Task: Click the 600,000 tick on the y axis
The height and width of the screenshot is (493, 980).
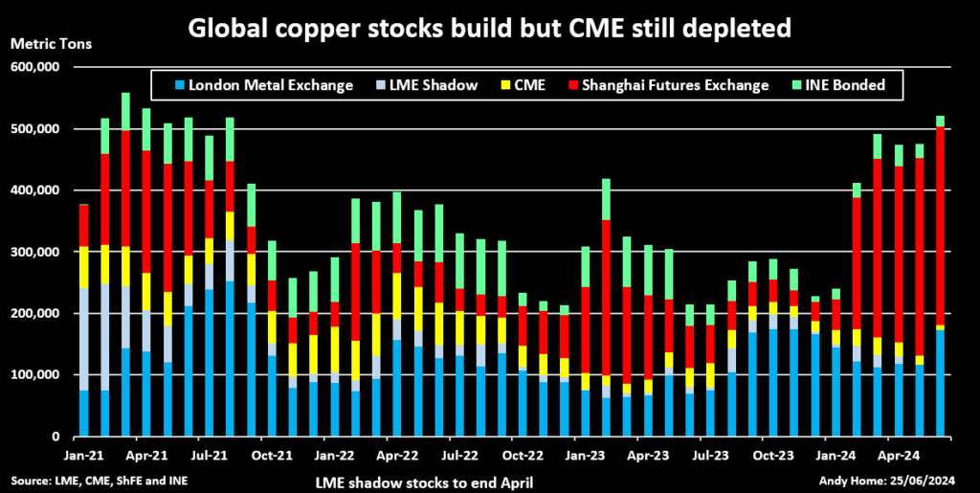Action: [x=34, y=67]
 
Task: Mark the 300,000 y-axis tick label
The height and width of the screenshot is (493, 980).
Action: [x=34, y=252]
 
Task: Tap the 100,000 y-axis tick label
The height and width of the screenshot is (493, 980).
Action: [x=34, y=374]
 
